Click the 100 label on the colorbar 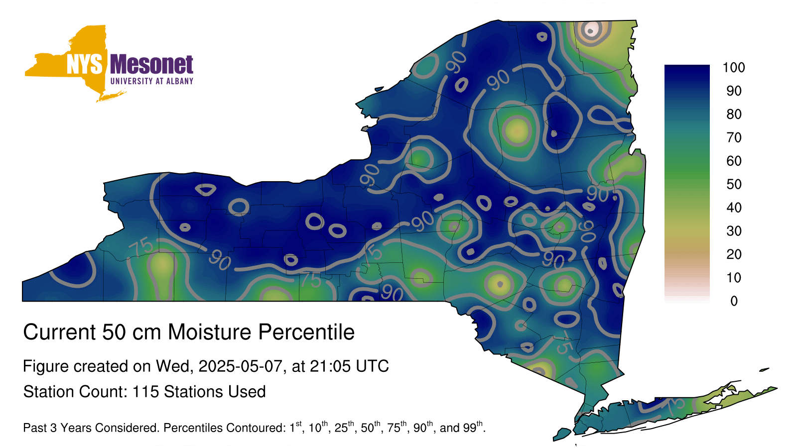click(734, 68)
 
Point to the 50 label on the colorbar click(734, 184)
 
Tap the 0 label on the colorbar click(734, 301)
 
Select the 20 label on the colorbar click(734, 254)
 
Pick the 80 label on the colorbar click(734, 114)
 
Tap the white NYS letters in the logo click(84, 64)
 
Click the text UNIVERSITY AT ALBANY click(151, 81)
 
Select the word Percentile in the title click(306, 332)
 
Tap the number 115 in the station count click(145, 392)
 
